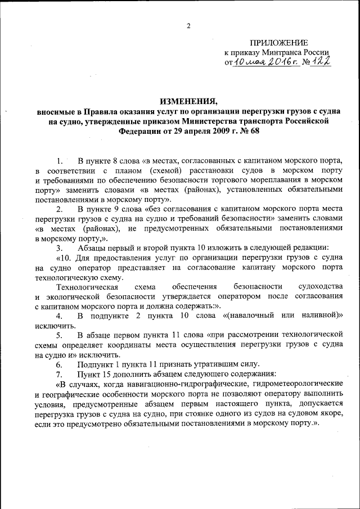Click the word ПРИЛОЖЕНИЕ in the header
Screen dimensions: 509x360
click(x=278, y=43)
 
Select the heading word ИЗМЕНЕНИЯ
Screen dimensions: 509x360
click(x=188, y=101)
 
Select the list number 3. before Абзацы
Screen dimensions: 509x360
click(x=60, y=247)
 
